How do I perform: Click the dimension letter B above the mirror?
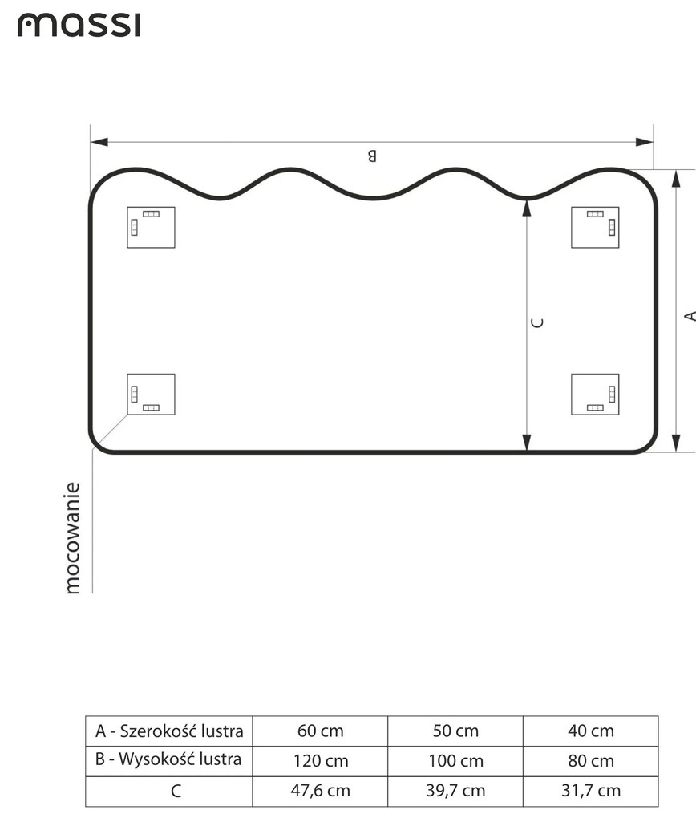[371, 156]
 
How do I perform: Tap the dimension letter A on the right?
[689, 316]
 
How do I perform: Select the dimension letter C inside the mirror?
[538, 322]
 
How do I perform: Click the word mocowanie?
[73, 537]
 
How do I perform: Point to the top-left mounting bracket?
[151, 227]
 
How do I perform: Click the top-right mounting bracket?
[595, 227]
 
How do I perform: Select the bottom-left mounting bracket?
[151, 394]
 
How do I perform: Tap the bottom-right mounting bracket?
[595, 394]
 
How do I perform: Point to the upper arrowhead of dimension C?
[527, 208]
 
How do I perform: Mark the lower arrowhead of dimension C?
[527, 442]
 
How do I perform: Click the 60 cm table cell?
[320, 731]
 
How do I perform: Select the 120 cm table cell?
[320, 760]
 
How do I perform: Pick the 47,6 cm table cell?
[320, 791]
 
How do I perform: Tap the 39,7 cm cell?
[455, 791]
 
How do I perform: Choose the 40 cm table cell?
[590, 731]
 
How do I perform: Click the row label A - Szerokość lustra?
[169, 731]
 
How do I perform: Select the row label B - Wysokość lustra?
[169, 760]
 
